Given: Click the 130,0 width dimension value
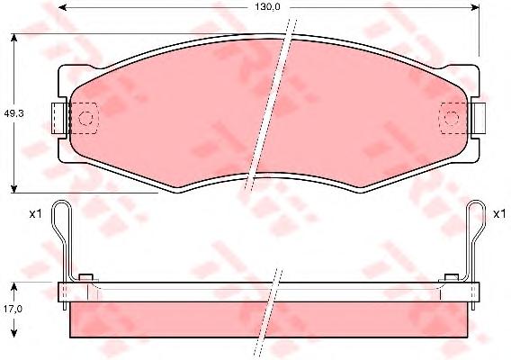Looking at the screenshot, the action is (267, 7).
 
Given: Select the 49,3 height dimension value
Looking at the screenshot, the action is (13, 113).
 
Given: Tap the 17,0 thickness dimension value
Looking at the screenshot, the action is (13, 309).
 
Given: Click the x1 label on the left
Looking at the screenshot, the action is (35, 214).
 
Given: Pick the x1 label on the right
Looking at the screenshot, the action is (499, 214).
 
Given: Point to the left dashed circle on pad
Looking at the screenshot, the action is (86, 118).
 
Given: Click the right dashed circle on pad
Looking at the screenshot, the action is (452, 118).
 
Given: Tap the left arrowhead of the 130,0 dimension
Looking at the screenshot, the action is (63, 7).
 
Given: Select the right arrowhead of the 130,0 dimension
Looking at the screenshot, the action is (475, 7).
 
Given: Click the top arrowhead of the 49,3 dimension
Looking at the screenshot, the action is (13, 38).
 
